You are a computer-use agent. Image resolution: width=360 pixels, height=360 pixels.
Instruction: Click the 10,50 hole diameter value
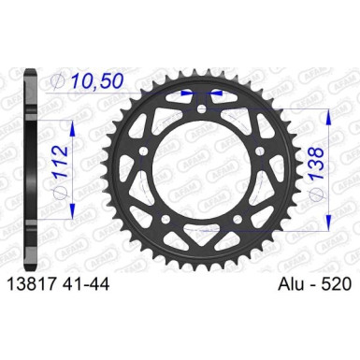(x=96, y=81)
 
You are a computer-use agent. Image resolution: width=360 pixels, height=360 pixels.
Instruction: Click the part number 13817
(x=27, y=284)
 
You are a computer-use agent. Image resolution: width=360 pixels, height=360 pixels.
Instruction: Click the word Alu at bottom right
(x=291, y=284)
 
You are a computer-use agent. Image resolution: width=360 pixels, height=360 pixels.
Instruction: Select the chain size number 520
(x=336, y=284)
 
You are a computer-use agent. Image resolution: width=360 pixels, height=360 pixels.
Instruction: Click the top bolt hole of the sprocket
(x=202, y=108)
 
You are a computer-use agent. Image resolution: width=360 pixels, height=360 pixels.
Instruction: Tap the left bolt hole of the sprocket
(x=144, y=151)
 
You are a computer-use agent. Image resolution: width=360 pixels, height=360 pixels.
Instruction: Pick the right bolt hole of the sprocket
(x=260, y=151)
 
